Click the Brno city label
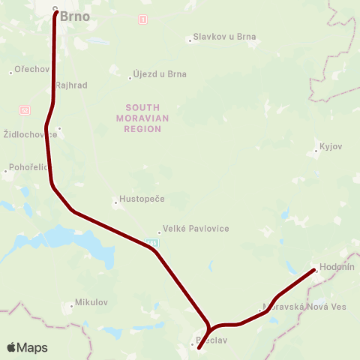(x=74, y=15)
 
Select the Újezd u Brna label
(x=159, y=74)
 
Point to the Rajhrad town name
(x=71, y=85)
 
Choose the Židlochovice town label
(x=29, y=135)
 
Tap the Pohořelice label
(x=28, y=167)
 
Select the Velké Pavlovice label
(x=196, y=229)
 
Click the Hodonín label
(x=337, y=267)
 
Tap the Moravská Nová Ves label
(x=304, y=307)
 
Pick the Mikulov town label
(x=91, y=303)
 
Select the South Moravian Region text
(x=143, y=118)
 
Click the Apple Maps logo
(x=27, y=348)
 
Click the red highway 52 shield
(x=25, y=109)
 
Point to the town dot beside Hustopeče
(x=114, y=201)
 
